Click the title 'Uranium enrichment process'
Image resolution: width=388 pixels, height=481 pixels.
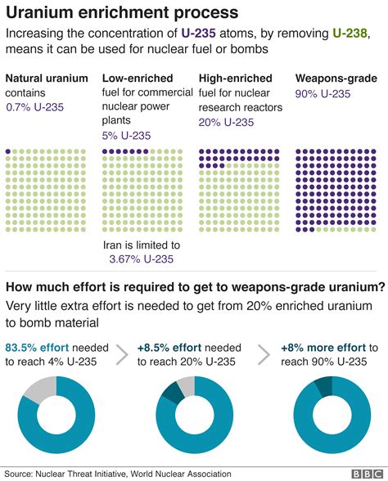click(x=123, y=13)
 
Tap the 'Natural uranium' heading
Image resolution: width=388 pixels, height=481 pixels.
click(x=46, y=79)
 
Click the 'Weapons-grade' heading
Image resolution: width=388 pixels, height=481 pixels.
click(x=336, y=79)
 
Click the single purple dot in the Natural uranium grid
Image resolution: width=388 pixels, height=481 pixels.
click(x=8, y=151)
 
